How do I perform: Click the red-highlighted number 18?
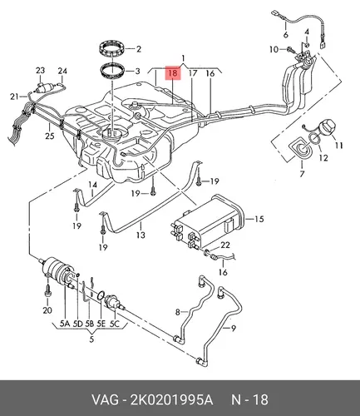click(173, 73)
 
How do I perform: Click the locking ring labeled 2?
click(113, 49)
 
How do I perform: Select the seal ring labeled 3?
click(112, 72)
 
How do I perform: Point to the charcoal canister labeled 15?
click(208, 223)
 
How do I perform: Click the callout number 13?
click(141, 235)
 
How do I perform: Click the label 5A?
click(64, 323)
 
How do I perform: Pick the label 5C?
click(114, 323)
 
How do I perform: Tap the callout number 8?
click(178, 312)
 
